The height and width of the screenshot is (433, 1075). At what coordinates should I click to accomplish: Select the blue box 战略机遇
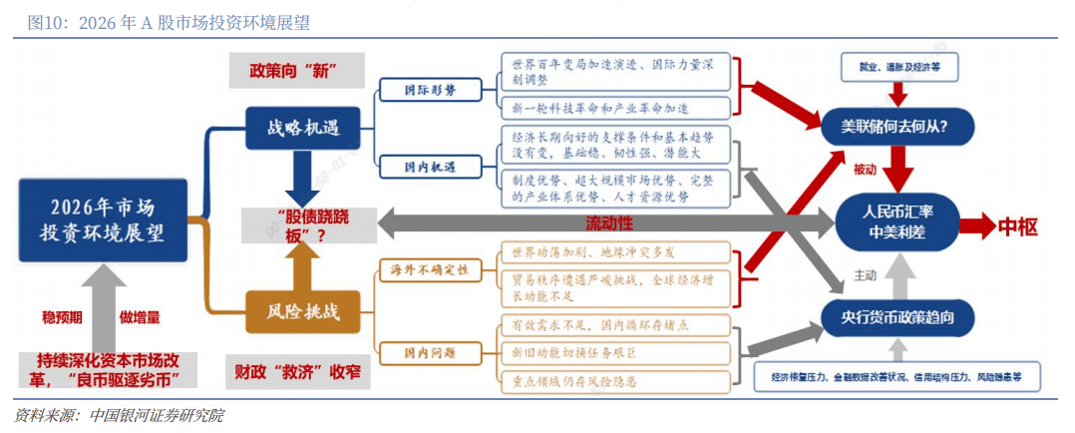(x=302, y=127)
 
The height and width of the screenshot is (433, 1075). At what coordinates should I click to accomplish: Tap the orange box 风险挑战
(x=302, y=311)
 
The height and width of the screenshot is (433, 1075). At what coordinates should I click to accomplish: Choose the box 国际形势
(x=431, y=90)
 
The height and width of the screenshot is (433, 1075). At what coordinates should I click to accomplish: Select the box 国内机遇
(x=431, y=166)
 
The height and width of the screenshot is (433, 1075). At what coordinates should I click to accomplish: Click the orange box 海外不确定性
(x=430, y=270)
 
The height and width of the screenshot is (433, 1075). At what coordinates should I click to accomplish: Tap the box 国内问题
(x=431, y=352)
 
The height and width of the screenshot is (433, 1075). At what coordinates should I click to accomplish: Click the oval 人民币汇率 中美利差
(x=896, y=224)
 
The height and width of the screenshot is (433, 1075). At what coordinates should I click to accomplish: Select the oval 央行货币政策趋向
(x=896, y=317)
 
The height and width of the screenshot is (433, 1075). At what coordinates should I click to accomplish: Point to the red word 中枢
(x=1017, y=226)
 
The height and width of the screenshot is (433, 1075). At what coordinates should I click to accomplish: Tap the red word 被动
(x=864, y=170)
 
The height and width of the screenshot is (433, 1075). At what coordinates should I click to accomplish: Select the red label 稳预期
(x=62, y=317)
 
